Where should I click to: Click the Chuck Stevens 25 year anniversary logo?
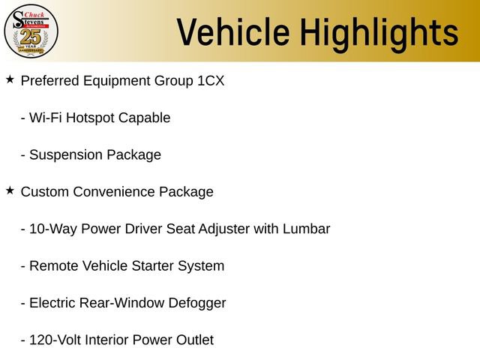pos(31,31)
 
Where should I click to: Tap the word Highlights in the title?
pos(378,32)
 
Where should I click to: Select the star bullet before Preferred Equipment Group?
pos(10,79)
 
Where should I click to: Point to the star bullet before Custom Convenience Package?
pos(10,190)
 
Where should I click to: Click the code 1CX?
pos(210,80)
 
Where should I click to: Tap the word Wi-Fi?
pos(45,118)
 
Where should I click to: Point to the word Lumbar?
pos(306,229)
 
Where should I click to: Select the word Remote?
pos(52,265)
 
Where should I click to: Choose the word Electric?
pos(53,303)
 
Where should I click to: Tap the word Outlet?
pos(194,340)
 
